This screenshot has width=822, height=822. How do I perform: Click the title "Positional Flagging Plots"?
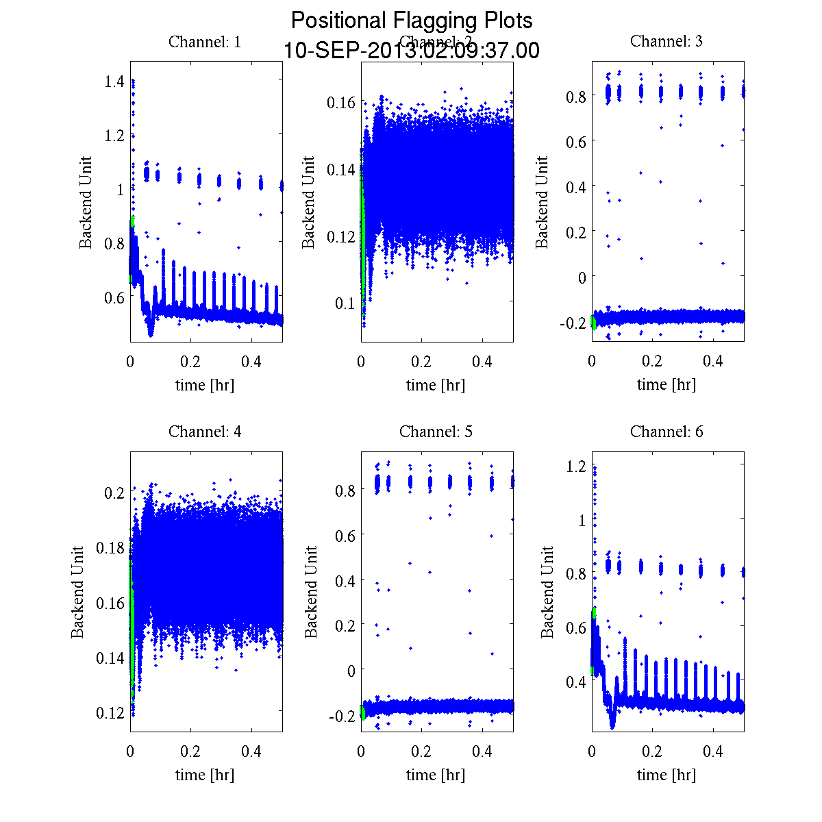click(x=411, y=21)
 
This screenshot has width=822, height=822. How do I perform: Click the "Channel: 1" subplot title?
click(x=205, y=42)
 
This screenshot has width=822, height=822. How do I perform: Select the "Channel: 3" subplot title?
click(x=666, y=41)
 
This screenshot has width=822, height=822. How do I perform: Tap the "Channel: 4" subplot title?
click(x=205, y=432)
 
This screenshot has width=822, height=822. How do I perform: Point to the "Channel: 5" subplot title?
click(x=436, y=432)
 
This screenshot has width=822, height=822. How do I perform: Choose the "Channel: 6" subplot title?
click(x=666, y=432)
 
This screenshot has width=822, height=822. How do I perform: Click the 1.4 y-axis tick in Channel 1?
click(x=115, y=82)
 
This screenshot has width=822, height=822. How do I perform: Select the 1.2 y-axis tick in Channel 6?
click(x=577, y=466)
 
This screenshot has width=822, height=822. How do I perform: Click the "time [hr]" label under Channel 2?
click(x=436, y=385)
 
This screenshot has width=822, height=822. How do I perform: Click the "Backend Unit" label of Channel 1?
click(x=86, y=203)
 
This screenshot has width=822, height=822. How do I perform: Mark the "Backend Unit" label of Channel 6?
click(x=547, y=593)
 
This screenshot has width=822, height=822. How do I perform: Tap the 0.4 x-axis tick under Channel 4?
click(x=252, y=751)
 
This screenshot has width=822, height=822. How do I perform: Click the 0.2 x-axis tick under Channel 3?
click(x=653, y=361)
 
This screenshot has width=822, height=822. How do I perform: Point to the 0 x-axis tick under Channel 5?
click(x=362, y=751)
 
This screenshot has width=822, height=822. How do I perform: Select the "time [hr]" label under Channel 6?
click(x=666, y=775)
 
